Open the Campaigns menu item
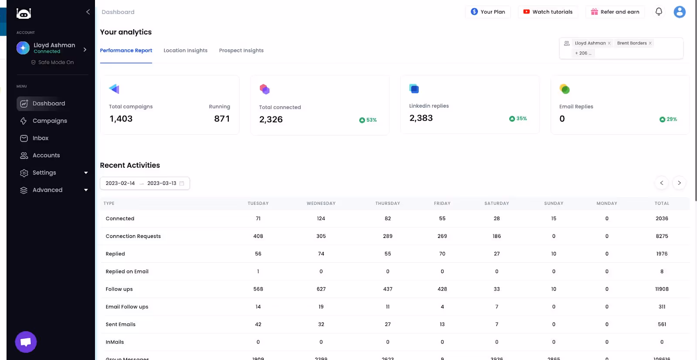coord(49,121)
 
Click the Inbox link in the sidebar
coord(40,138)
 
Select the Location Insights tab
coord(185,51)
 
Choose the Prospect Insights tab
coord(241,51)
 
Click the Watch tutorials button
coord(548,12)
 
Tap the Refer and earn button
coord(615,12)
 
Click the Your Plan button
coord(487,12)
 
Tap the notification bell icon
coord(659,12)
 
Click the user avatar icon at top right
coord(679,12)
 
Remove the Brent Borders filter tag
coord(650,43)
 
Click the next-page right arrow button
coord(679,183)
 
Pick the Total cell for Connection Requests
coord(661,236)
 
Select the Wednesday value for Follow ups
coord(321,289)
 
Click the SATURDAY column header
coord(496,204)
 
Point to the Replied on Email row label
coord(127,272)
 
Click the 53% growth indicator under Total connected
coord(368,120)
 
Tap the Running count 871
coord(222,119)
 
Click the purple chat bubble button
coord(26,342)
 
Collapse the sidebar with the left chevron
coord(88,12)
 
